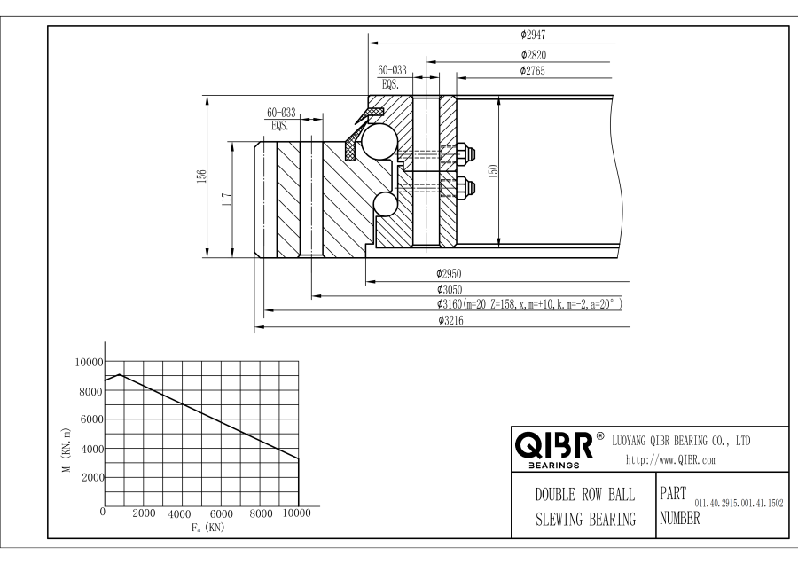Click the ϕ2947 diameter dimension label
[x=533, y=35]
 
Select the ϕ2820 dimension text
[x=534, y=54]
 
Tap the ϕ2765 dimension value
[x=532, y=71]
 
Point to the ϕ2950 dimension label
[x=449, y=274]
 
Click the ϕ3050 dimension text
[x=450, y=290]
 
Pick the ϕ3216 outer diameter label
[x=451, y=320]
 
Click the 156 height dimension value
[x=201, y=176]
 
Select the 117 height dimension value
[x=227, y=199]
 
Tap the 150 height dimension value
[x=493, y=171]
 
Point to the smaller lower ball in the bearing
[x=386, y=205]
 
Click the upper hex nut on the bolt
[x=465, y=153]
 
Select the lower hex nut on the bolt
[x=465, y=188]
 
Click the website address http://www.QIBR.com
[x=671, y=460]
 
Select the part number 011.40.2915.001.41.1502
[x=739, y=504]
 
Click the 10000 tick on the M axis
[x=89, y=362]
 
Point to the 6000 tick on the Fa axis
[x=221, y=513]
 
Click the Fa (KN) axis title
[x=207, y=528]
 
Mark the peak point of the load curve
[x=119, y=374]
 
